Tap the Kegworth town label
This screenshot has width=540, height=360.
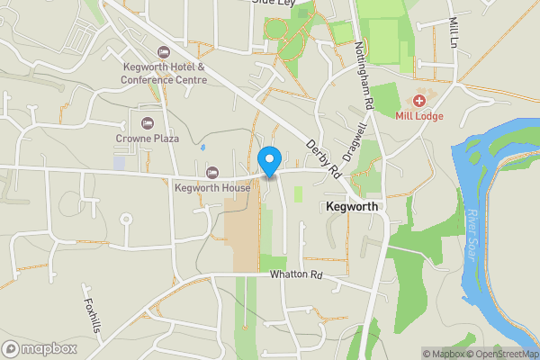(353, 206)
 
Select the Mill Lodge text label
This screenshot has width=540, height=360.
(420, 115)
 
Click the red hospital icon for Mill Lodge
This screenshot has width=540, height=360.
(419, 100)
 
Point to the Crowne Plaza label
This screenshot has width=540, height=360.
(148, 139)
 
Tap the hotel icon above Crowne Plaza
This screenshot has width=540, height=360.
(148, 122)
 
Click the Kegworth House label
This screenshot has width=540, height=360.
(212, 188)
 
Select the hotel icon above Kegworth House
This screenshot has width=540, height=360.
(212, 172)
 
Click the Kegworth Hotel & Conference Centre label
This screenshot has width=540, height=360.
(165, 73)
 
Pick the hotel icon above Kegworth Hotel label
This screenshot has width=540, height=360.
(163, 51)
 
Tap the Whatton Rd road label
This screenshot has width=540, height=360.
(296, 274)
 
